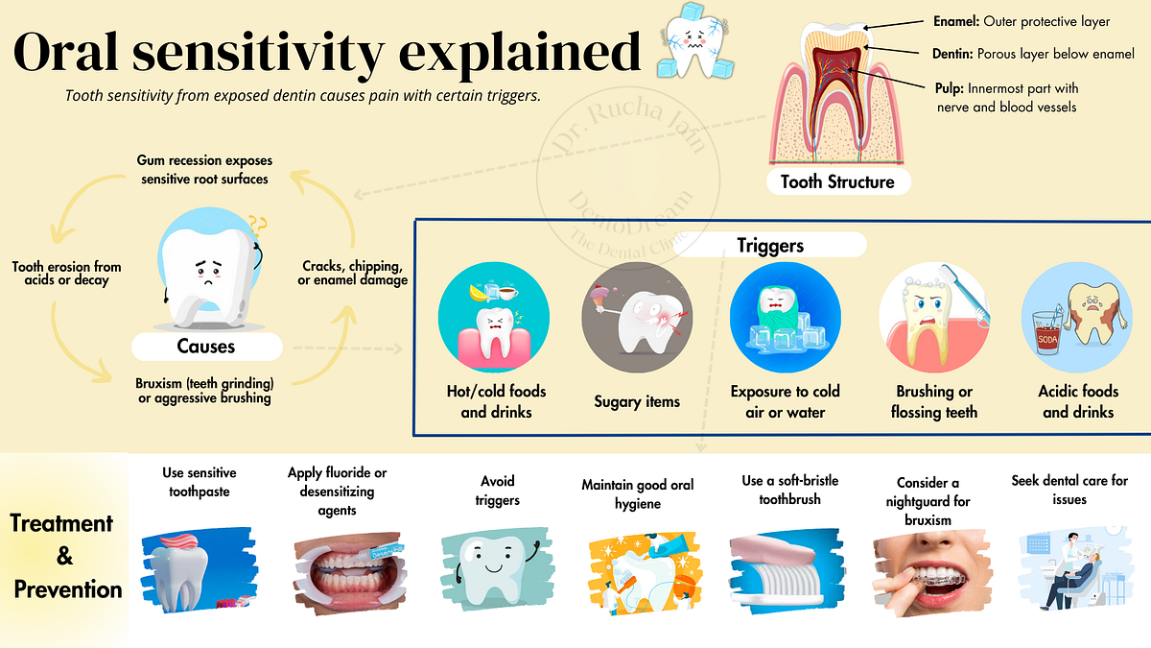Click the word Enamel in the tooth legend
[955, 21]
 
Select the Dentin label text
[953, 55]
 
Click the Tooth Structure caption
[837, 181]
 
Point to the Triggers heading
[770, 245]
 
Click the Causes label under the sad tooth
[206, 346]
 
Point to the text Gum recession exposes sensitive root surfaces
[203, 170]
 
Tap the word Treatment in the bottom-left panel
[61, 523]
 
